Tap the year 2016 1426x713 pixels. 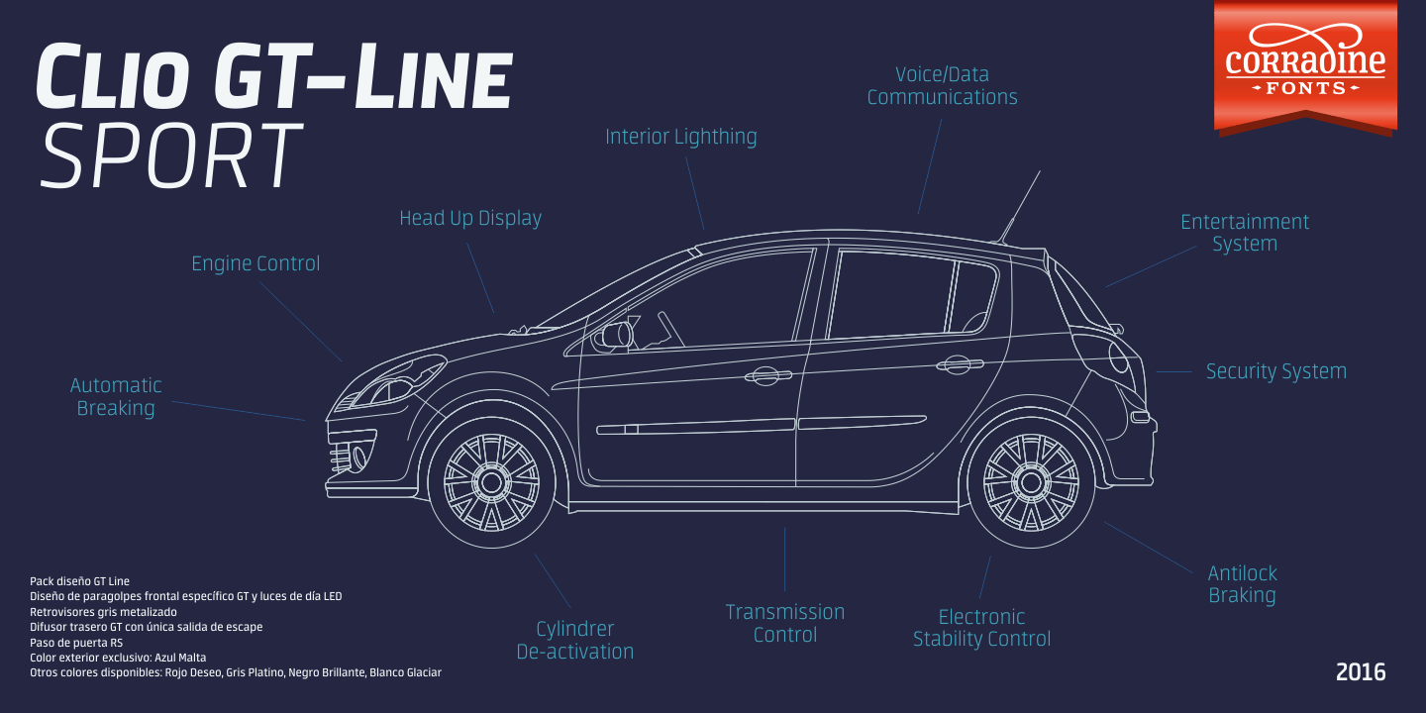[x=1361, y=672]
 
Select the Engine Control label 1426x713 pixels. [x=255, y=264]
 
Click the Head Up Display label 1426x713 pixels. [x=470, y=218]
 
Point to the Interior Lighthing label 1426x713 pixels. [x=681, y=137]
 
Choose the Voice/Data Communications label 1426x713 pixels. [x=942, y=86]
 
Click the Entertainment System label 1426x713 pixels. [x=1245, y=233]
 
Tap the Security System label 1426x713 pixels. [x=1275, y=371]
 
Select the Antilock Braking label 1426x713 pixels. [x=1243, y=584]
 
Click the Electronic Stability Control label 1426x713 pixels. [x=981, y=628]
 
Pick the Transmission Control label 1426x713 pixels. [x=785, y=623]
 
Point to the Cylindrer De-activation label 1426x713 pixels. [x=575, y=640]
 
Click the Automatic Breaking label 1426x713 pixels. [x=116, y=396]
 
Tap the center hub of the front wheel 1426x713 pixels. [x=490, y=482]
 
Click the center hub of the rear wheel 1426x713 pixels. [x=1031, y=482]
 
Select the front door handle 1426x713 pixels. [x=767, y=375]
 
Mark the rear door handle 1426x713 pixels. [x=959, y=365]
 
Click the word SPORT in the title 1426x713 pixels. [x=170, y=157]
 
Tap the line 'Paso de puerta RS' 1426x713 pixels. [x=76, y=642]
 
